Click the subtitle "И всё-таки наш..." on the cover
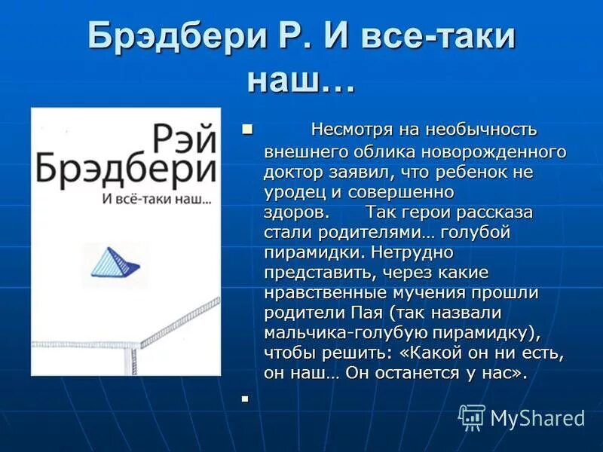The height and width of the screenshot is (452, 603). coord(155,200)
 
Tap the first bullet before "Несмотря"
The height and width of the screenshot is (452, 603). coord(247,130)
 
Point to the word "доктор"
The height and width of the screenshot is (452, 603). coord(292,172)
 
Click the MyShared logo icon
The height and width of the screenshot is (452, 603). coord(473,417)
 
